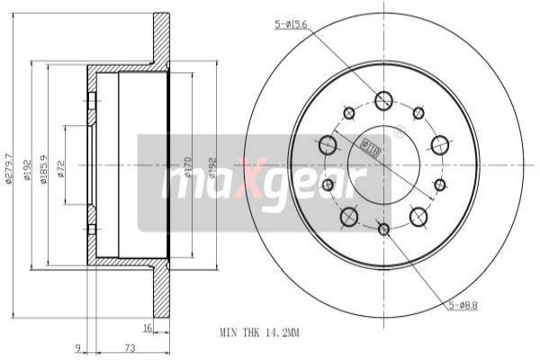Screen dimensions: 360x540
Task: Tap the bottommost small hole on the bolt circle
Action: [x=384, y=229]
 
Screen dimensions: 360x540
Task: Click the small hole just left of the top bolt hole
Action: [x=349, y=112]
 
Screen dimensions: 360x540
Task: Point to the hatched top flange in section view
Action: [x=161, y=40]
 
